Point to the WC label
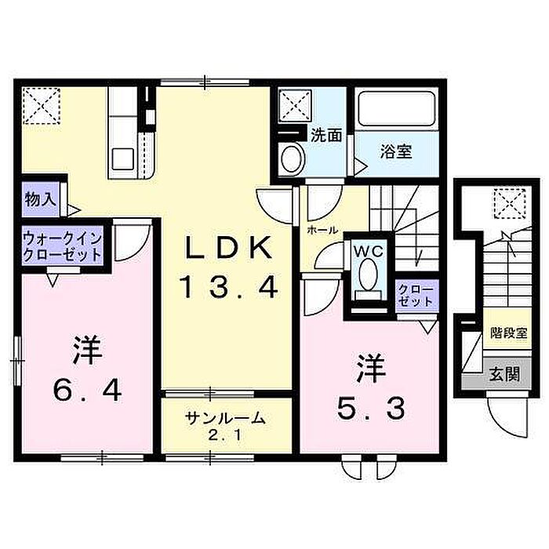point(365,251)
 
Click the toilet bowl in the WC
point(366,274)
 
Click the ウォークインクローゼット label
point(62,245)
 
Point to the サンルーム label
point(226,418)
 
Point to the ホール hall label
point(322,231)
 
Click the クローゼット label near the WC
point(415,295)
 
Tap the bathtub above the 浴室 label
point(395,109)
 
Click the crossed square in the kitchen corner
point(41,106)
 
